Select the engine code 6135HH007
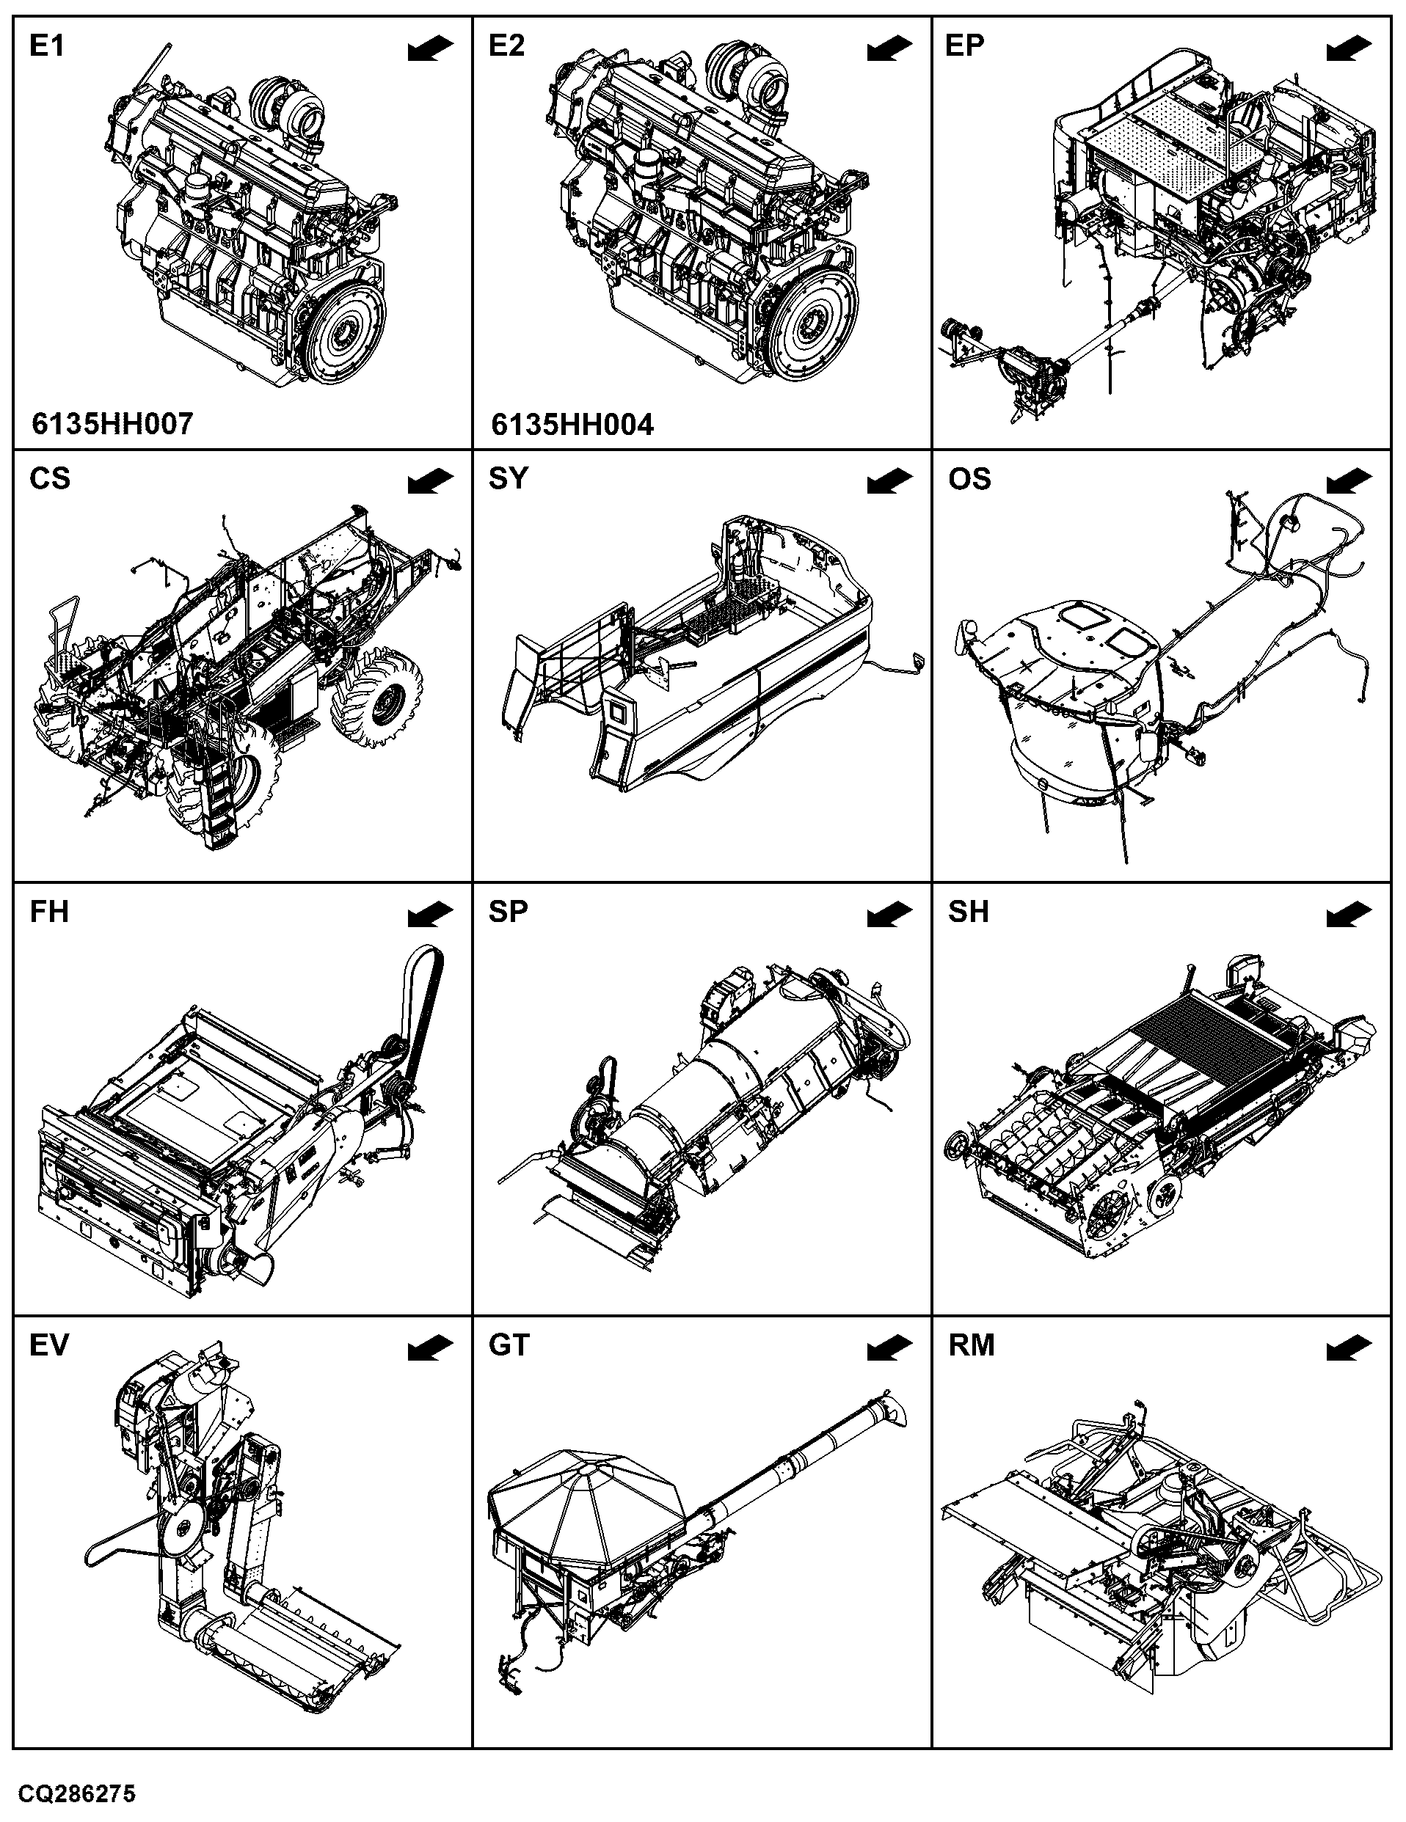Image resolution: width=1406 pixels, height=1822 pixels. pyautogui.click(x=113, y=424)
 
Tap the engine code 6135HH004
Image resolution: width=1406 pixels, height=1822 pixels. pyautogui.click(x=572, y=425)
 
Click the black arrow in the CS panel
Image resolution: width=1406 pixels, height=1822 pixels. pyautogui.click(x=431, y=481)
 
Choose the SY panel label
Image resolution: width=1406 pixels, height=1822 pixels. pyautogui.click(x=508, y=479)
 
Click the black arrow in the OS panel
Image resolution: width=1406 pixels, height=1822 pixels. pyautogui.click(x=1349, y=481)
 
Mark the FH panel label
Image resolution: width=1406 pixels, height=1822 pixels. pyautogui.click(x=49, y=912)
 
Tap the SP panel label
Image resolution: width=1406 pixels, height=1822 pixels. pyautogui.click(x=508, y=912)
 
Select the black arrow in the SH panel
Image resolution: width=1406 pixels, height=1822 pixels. pyautogui.click(x=1349, y=915)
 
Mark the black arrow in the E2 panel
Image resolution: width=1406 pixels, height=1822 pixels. pyautogui.click(x=890, y=48)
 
